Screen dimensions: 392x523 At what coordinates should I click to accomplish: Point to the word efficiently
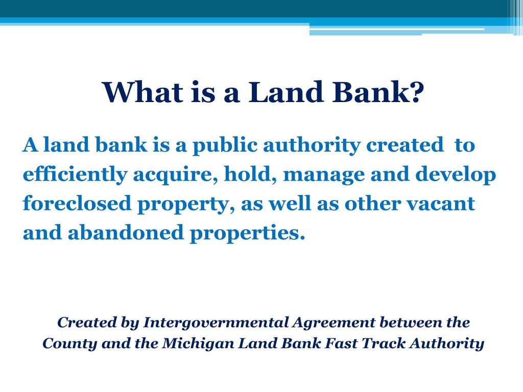(74, 175)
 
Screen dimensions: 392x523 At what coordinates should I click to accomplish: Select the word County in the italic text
(69, 344)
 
